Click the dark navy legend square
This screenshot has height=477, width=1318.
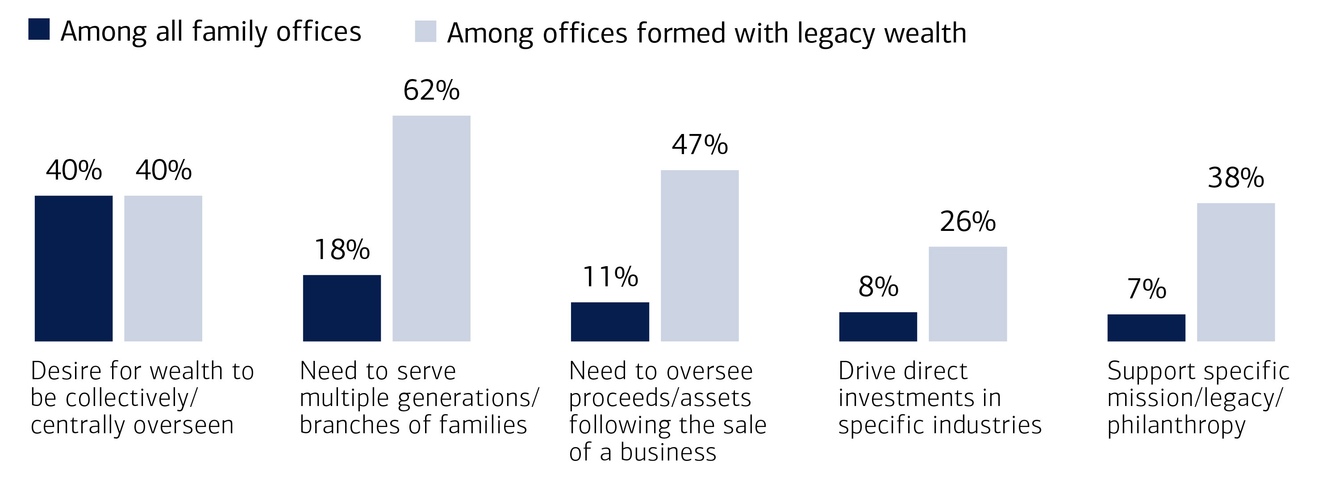click(x=39, y=29)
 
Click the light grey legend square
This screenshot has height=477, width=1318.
click(x=425, y=31)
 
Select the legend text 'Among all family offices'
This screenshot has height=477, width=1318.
click(x=211, y=32)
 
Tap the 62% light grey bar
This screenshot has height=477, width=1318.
click(x=431, y=228)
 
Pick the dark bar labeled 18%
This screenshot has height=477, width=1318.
click(x=342, y=308)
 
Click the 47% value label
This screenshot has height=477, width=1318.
click(x=700, y=145)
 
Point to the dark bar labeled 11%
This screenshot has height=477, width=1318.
click(x=610, y=322)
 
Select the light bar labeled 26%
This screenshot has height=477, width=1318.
click(x=968, y=294)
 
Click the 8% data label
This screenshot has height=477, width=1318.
click(x=878, y=287)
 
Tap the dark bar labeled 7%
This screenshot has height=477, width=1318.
click(x=1146, y=327)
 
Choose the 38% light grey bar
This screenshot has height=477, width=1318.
click(x=1236, y=272)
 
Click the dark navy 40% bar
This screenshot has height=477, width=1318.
click(x=74, y=268)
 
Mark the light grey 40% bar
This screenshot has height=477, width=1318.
click(x=163, y=268)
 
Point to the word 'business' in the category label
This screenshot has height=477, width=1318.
click(x=668, y=452)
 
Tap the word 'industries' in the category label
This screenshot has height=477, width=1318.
click(x=988, y=425)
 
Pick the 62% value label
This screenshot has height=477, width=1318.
click(x=431, y=91)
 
